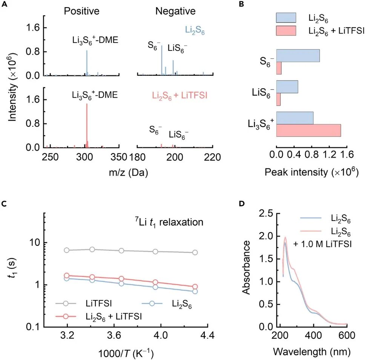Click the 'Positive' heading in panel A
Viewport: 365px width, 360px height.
point(81,11)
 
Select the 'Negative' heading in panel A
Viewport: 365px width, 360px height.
point(175,11)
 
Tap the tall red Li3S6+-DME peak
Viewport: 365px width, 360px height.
point(87,124)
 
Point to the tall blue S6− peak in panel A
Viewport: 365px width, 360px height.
point(162,60)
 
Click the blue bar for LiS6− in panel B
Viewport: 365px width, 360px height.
point(287,87)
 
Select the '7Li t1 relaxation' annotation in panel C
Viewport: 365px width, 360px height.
point(169,222)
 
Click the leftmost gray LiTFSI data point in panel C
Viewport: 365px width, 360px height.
point(67,250)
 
